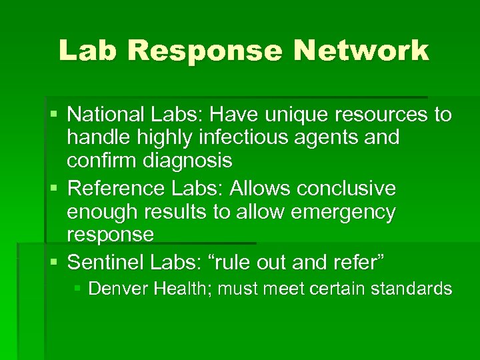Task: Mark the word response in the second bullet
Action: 111,235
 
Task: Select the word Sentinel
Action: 106,262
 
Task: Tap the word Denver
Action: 117,289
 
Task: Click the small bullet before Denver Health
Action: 78,289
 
